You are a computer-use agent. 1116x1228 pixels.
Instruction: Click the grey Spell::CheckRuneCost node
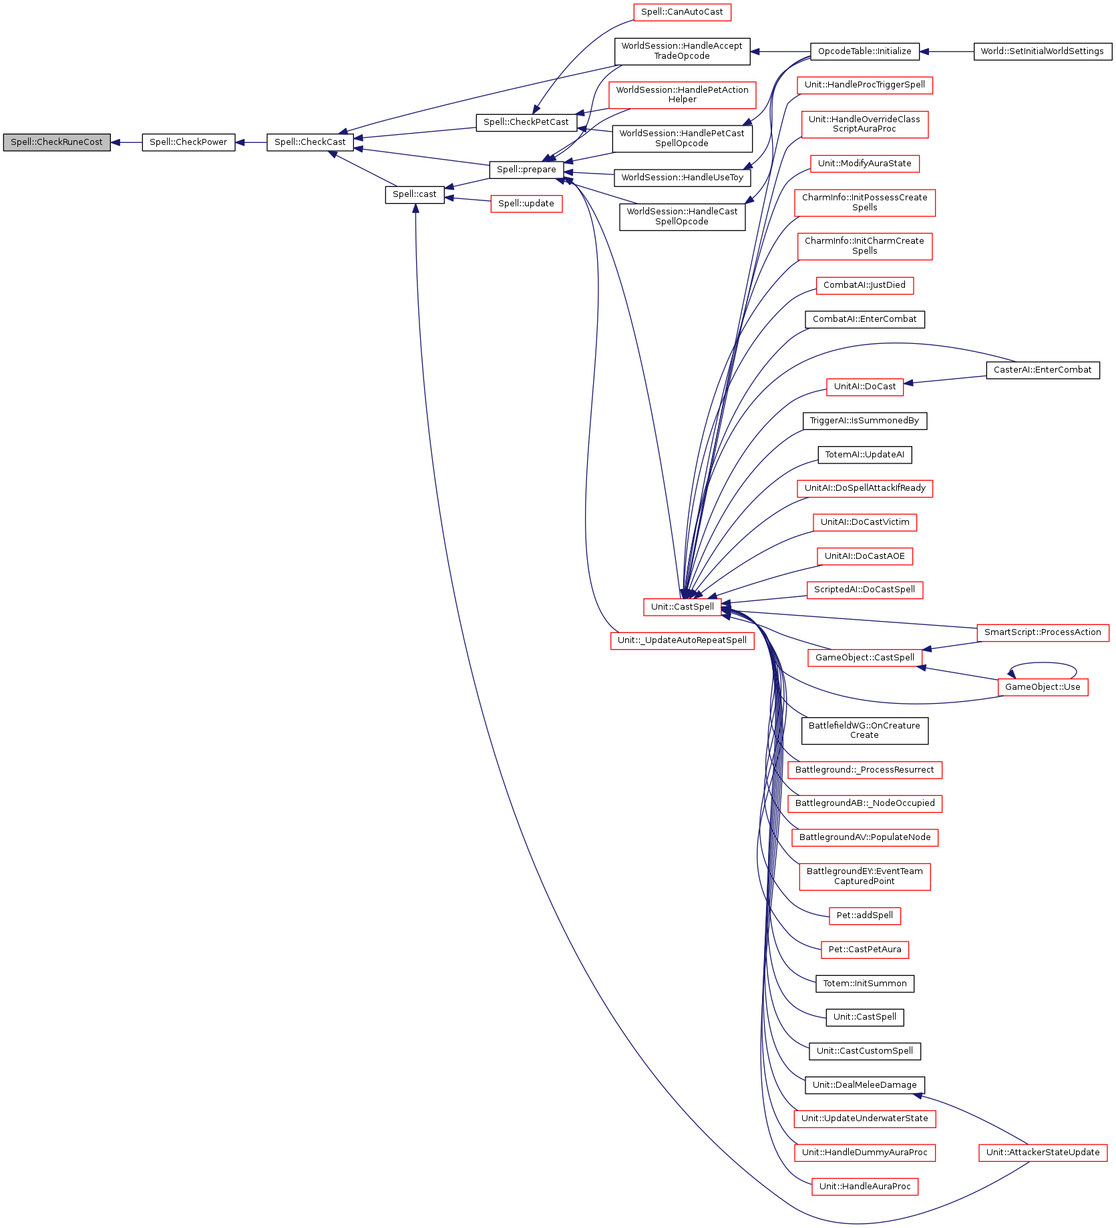click(x=56, y=142)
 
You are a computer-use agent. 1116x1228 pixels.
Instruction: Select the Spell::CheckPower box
click(x=188, y=142)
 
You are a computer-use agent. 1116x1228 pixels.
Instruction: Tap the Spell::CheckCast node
click(x=310, y=142)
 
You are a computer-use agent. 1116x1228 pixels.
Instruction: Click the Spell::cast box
click(x=414, y=194)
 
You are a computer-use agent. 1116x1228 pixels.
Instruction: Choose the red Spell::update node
click(x=526, y=204)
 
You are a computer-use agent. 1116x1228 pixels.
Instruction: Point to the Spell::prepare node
click(x=526, y=170)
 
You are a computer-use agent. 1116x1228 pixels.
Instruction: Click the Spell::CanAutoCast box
click(x=682, y=12)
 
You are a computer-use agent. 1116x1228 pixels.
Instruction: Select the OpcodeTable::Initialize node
click(x=864, y=51)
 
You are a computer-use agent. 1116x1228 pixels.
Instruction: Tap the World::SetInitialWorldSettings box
click(x=1042, y=51)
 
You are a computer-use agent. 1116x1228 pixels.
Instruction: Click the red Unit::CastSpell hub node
click(x=682, y=607)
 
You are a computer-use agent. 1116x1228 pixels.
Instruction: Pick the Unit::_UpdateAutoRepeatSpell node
click(x=682, y=640)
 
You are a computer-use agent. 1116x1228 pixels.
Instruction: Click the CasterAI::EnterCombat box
click(x=1042, y=370)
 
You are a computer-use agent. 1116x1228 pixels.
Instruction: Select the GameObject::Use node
click(x=1042, y=687)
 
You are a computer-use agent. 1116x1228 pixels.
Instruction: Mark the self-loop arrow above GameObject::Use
click(x=1043, y=664)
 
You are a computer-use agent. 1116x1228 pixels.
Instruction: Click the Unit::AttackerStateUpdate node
click(x=1042, y=1153)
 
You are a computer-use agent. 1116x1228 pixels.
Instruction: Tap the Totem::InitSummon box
click(x=864, y=984)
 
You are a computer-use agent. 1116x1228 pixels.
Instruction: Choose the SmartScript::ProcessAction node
click(x=1042, y=632)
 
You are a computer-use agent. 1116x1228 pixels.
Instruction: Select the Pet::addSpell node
click(x=864, y=915)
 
